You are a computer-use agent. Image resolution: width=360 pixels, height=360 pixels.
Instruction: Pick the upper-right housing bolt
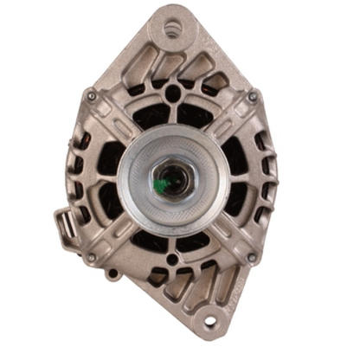pyautogui.click(x=252, y=98)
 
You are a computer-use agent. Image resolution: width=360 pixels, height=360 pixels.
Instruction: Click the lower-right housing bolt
pyautogui.click(x=251, y=258)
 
